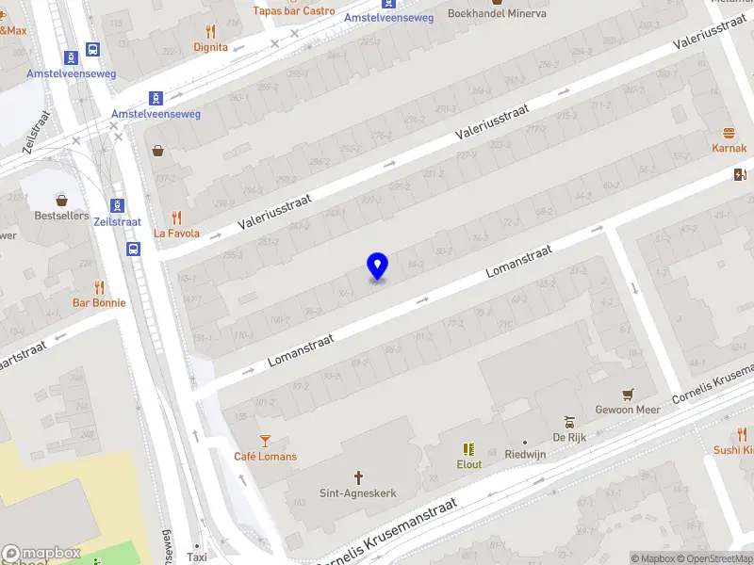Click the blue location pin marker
click(377, 266)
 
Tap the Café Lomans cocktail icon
click(265, 440)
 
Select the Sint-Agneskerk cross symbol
click(358, 477)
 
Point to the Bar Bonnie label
click(99, 303)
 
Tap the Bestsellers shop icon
click(62, 200)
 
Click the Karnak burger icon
click(729, 133)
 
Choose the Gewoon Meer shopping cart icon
click(628, 394)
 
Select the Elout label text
click(468, 464)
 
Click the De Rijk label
click(568, 438)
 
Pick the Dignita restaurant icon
click(210, 31)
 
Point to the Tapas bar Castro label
click(293, 11)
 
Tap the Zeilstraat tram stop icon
click(117, 205)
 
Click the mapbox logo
click(41, 554)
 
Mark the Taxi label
click(196, 557)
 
